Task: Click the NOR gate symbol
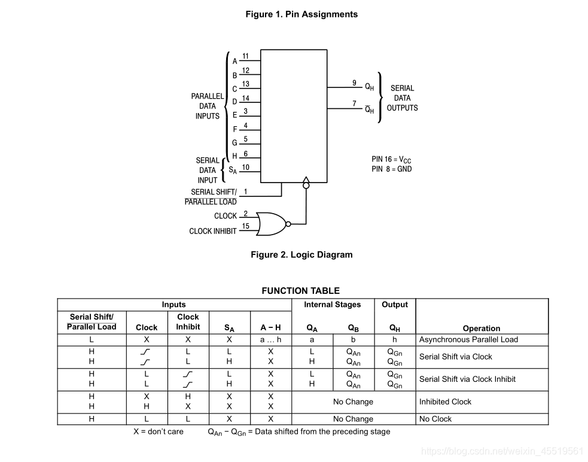(271, 223)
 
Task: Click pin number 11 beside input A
(245, 56)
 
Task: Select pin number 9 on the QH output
(354, 83)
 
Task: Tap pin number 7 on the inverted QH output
(354, 104)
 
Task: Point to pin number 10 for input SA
(245, 168)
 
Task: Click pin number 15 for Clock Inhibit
(245, 226)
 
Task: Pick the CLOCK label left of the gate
(226, 216)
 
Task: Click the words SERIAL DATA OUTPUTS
(402, 98)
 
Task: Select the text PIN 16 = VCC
(391, 160)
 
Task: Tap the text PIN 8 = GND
(391, 169)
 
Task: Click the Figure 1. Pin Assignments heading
(301, 14)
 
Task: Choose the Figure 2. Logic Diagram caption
(301, 255)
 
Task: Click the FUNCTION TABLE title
(300, 291)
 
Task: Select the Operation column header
(482, 328)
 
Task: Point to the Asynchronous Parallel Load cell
(468, 339)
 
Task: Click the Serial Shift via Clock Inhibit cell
(467, 379)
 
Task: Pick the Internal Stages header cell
(333, 305)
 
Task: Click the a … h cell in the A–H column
(270, 339)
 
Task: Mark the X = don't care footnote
(159, 431)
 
